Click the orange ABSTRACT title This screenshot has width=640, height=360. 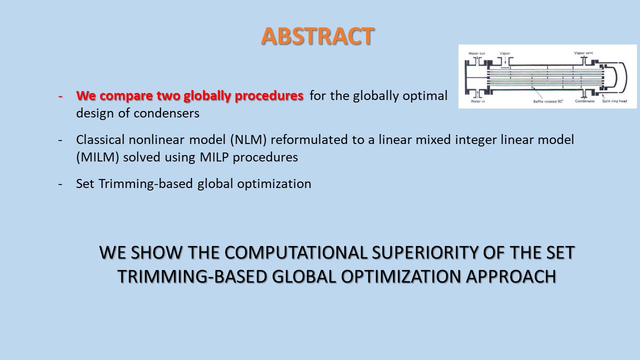click(x=317, y=36)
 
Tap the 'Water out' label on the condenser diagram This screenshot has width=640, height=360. click(x=476, y=53)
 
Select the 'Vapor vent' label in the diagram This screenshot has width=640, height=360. click(x=583, y=53)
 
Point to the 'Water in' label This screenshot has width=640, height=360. click(x=477, y=101)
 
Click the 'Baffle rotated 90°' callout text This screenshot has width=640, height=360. click(x=548, y=101)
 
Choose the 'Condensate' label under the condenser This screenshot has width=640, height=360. click(x=584, y=101)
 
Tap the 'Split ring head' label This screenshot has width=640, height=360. click(x=614, y=101)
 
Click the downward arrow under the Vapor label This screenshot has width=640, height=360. click(x=505, y=60)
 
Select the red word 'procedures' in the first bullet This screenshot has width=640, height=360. click(x=269, y=96)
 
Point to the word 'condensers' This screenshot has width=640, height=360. click(x=166, y=113)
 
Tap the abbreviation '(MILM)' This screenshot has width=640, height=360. click(x=97, y=157)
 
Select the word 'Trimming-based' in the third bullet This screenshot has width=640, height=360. click(x=145, y=183)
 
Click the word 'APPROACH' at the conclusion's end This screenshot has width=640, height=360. click(x=511, y=276)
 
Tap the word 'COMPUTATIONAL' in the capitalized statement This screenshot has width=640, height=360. click(x=295, y=252)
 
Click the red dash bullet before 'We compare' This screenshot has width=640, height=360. click(x=60, y=96)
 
